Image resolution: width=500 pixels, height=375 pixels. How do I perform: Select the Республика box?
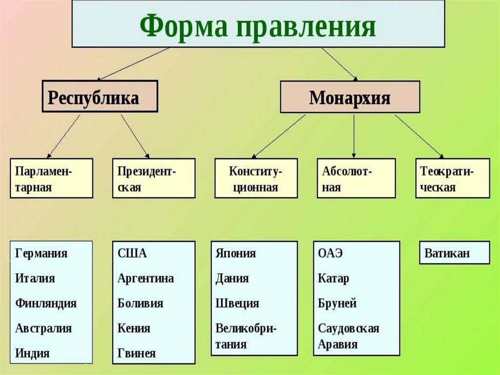click(100, 96)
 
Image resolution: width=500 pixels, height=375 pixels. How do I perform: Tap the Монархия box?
click(350, 97)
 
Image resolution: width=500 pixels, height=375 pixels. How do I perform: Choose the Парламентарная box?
click(52, 178)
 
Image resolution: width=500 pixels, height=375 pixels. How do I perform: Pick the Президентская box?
click(154, 178)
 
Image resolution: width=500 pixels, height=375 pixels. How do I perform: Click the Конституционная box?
click(256, 178)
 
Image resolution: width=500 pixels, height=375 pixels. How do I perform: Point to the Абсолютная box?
click(356, 178)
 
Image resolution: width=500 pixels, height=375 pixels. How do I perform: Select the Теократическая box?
click(453, 178)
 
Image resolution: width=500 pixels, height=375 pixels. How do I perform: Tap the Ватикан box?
click(455, 253)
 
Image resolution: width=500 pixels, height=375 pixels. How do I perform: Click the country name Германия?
click(41, 253)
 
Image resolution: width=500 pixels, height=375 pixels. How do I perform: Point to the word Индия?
click(32, 353)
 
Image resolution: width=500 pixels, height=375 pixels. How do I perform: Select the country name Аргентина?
click(146, 279)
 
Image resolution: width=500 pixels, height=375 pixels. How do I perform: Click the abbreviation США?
click(132, 253)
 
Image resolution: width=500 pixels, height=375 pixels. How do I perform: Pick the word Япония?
click(236, 253)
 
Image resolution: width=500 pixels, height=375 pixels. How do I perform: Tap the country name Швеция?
click(237, 304)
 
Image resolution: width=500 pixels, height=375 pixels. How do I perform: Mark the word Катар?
click(333, 279)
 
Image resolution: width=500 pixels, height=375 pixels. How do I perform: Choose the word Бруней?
click(337, 304)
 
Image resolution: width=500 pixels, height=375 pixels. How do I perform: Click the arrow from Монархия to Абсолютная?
click(354, 136)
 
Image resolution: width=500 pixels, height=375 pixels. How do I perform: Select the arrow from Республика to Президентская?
click(135, 136)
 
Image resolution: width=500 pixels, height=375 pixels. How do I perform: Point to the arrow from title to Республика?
click(133, 64)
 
